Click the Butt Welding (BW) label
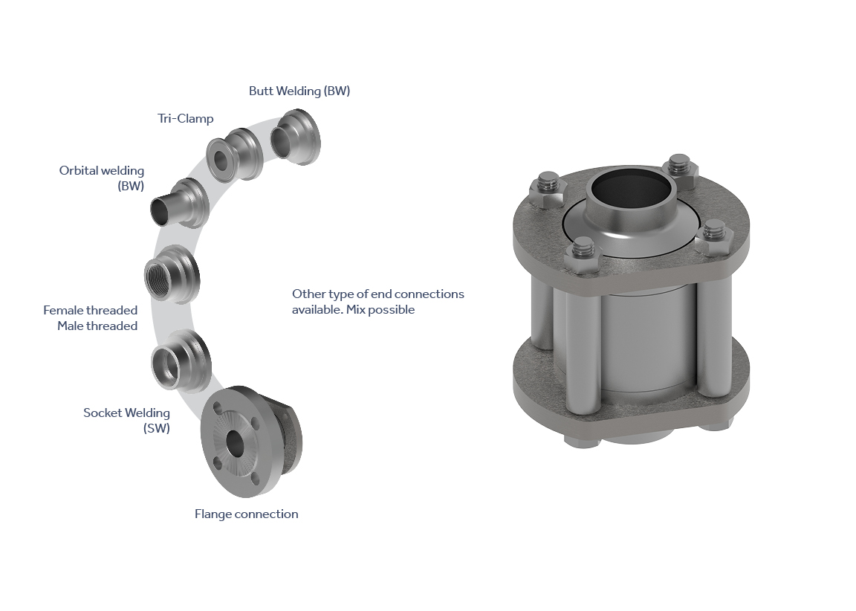pos(299,91)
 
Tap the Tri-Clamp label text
pos(186,118)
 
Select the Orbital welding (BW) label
pos(102,178)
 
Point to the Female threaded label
pos(90,310)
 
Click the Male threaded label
pos(97,326)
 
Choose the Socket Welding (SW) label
pos(126,421)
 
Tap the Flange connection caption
pos(246,514)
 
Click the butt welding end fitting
pos(296,137)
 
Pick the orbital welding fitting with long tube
pos(179,202)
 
